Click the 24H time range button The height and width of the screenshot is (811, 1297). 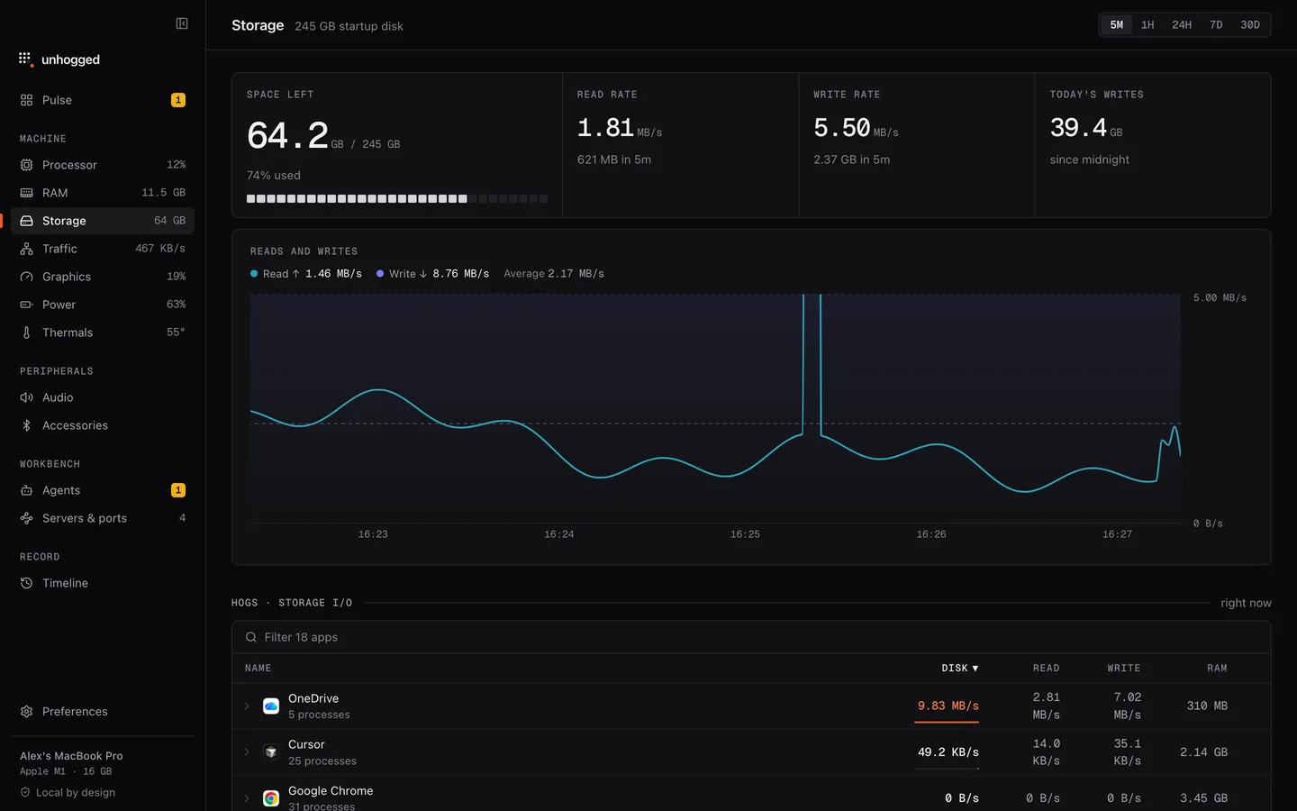pos(1181,25)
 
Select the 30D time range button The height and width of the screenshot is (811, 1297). pos(1249,25)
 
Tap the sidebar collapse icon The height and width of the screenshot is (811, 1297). pos(182,23)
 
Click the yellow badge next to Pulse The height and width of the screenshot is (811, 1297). pos(177,100)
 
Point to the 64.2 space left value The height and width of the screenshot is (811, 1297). pos(287,135)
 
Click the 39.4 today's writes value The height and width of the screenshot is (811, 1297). pos(1078,127)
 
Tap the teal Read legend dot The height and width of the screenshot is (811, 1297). pos(254,273)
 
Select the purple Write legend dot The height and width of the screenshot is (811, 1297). pos(380,273)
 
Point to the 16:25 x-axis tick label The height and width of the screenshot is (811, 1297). pos(745,534)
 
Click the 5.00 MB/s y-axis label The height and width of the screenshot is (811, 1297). pos(1220,297)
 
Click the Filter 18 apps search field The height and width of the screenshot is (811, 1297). pos(751,637)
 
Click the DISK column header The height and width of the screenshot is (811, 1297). pos(959,668)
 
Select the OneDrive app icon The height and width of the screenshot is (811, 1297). pos(271,706)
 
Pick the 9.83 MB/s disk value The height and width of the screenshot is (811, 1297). pos(948,706)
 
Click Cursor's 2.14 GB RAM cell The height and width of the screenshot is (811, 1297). pos(1203,752)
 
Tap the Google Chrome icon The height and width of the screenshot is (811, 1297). pos(271,798)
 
